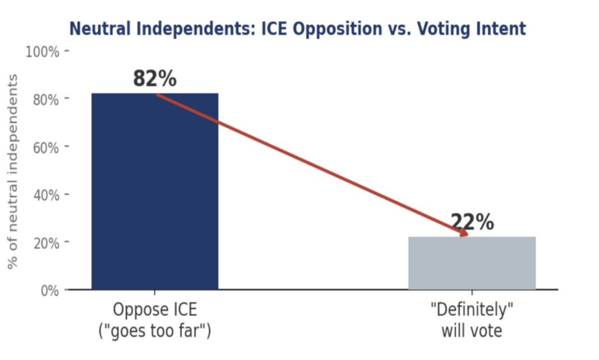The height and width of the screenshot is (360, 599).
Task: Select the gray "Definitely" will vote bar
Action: point(471,263)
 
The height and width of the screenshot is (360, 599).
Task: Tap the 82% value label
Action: point(154,78)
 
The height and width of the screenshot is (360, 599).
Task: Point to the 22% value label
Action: point(471,222)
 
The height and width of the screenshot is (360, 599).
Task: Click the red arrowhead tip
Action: point(466,235)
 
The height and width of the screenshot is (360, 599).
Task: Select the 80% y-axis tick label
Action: point(45,100)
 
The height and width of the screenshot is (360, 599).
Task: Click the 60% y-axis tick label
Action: point(45,148)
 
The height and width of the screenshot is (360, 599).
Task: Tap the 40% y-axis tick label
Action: point(45,195)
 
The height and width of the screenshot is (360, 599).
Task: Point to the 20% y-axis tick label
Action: point(45,243)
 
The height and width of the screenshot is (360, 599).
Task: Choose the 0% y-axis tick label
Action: point(49,290)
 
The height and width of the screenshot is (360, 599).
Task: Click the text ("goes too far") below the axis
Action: point(154,331)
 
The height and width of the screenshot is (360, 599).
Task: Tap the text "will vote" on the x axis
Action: point(471,331)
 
